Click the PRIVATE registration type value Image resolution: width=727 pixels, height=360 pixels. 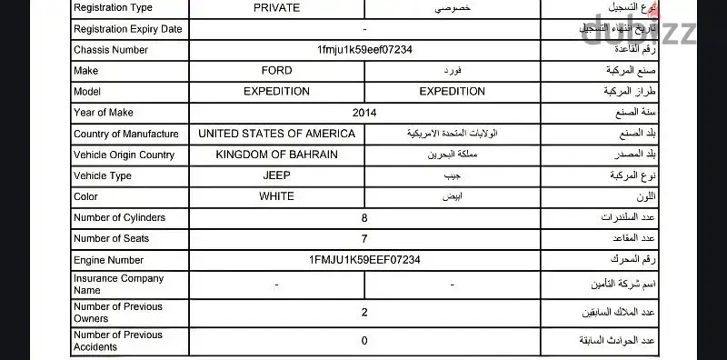coord(277,7)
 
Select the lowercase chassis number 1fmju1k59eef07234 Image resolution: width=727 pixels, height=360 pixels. coord(364,49)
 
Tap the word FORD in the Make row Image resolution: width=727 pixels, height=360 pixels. coord(276,71)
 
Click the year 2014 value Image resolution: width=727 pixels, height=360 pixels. coord(364,113)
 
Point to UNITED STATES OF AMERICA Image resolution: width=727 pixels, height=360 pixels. coord(277,134)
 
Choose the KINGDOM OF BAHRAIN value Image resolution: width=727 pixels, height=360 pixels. coord(277,155)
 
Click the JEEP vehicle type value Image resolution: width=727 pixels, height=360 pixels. coord(276,175)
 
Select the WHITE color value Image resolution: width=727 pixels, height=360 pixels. coord(276,196)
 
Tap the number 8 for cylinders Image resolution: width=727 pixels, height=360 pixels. coord(364,218)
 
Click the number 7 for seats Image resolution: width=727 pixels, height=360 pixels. coord(364,239)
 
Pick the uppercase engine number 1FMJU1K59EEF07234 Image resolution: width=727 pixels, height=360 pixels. coord(364,260)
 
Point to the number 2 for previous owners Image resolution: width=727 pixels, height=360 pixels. coord(364,313)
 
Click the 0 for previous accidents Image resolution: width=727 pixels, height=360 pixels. coord(364,341)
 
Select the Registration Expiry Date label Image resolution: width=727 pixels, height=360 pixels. coord(127,28)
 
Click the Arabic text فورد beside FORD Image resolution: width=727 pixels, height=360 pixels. coord(451,71)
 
